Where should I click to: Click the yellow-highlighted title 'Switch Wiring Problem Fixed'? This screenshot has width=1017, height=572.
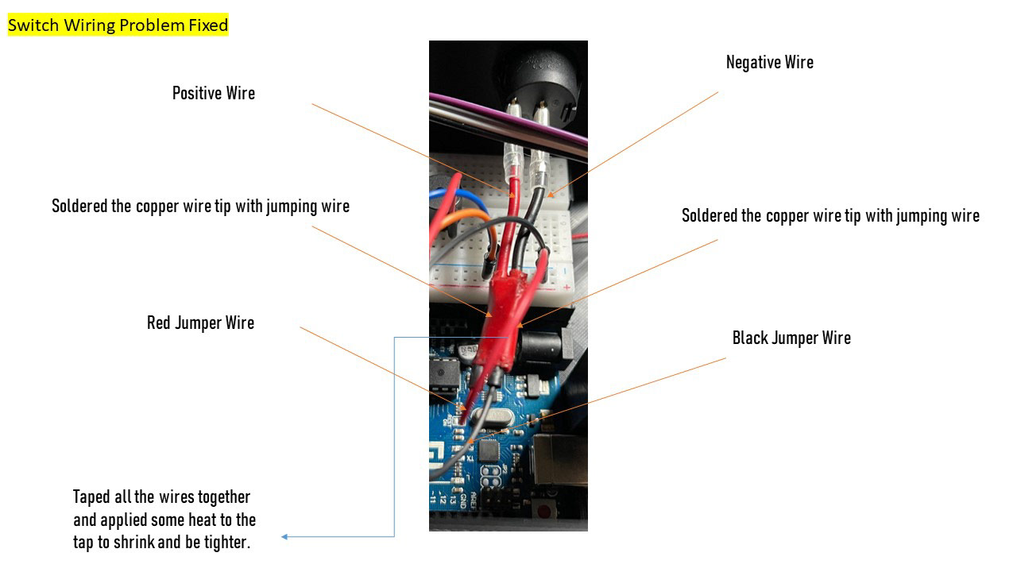click(x=118, y=25)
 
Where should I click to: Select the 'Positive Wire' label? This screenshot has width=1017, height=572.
click(x=214, y=93)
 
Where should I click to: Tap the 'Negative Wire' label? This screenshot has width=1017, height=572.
click(x=769, y=62)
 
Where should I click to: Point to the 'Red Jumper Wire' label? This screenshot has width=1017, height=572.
click(x=200, y=323)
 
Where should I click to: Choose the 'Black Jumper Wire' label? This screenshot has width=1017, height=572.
click(x=791, y=338)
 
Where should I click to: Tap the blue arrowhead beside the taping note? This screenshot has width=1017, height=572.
click(x=285, y=537)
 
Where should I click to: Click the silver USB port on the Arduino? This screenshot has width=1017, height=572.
click(x=560, y=459)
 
